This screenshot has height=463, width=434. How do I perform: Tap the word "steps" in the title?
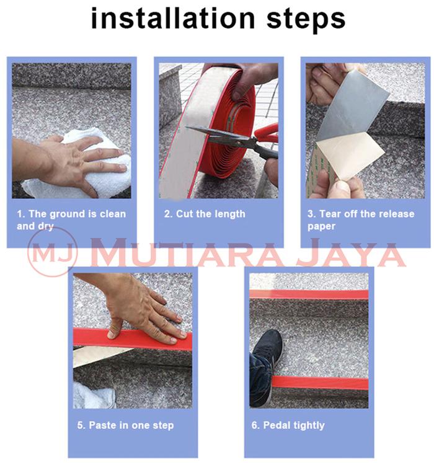[306, 19]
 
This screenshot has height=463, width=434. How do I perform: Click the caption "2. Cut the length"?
[205, 214]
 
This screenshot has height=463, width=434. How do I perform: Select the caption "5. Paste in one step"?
[125, 425]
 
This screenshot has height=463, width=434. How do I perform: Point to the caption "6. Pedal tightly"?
[288, 425]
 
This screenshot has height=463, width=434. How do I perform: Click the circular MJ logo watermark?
[52, 252]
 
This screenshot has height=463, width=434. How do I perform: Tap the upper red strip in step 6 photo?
[309, 294]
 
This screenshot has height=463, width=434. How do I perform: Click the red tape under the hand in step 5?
[132, 339]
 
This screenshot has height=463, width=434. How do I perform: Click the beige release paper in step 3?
[350, 155]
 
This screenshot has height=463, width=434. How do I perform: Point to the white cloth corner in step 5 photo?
[94, 395]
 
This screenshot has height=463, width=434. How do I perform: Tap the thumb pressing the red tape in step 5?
[115, 329]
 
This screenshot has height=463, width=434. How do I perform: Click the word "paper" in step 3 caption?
[321, 226]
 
